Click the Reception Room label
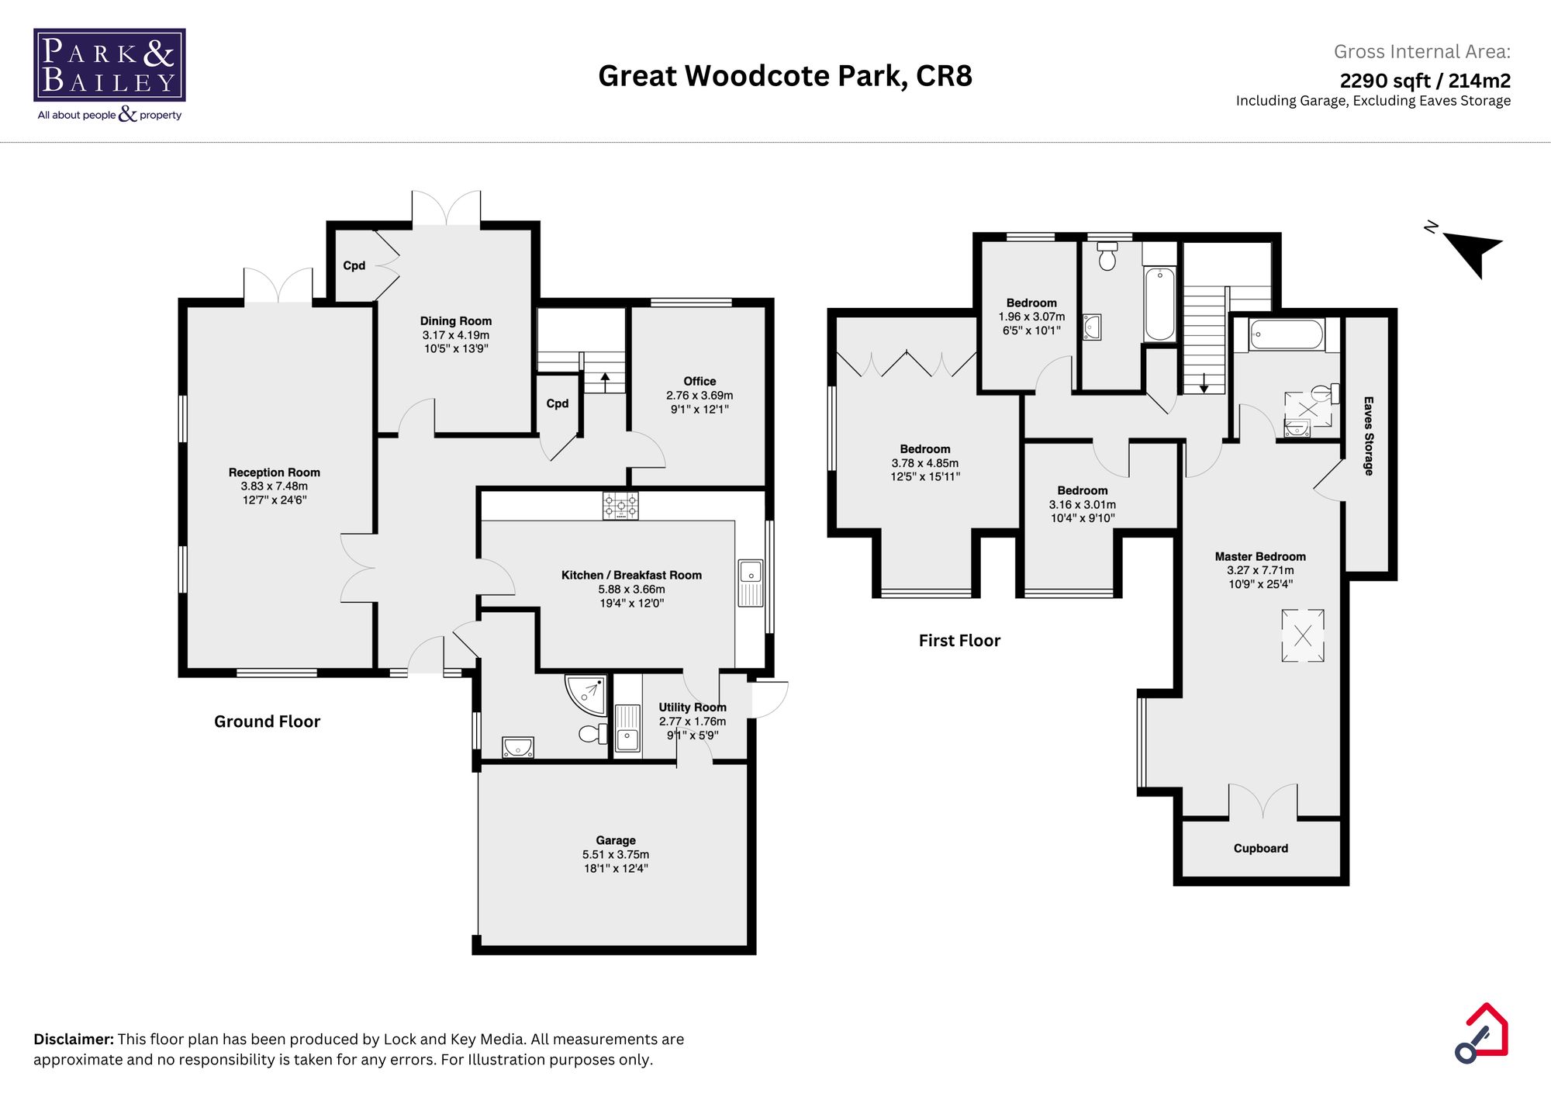pos(274,472)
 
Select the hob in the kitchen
pos(620,506)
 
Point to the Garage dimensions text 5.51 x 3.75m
pos(616,854)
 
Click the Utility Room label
pos(693,707)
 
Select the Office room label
pos(700,381)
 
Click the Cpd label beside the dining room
pos(354,265)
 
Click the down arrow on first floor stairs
pos(1204,382)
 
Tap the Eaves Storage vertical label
pos(1369,436)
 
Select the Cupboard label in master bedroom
pos(1260,848)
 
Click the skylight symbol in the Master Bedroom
pos(1303,636)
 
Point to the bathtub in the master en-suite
pos(1286,335)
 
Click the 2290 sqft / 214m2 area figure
pos(1425,80)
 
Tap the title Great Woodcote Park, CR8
pos(785,75)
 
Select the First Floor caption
pos(959,640)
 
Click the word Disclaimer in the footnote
pos(74,1039)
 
